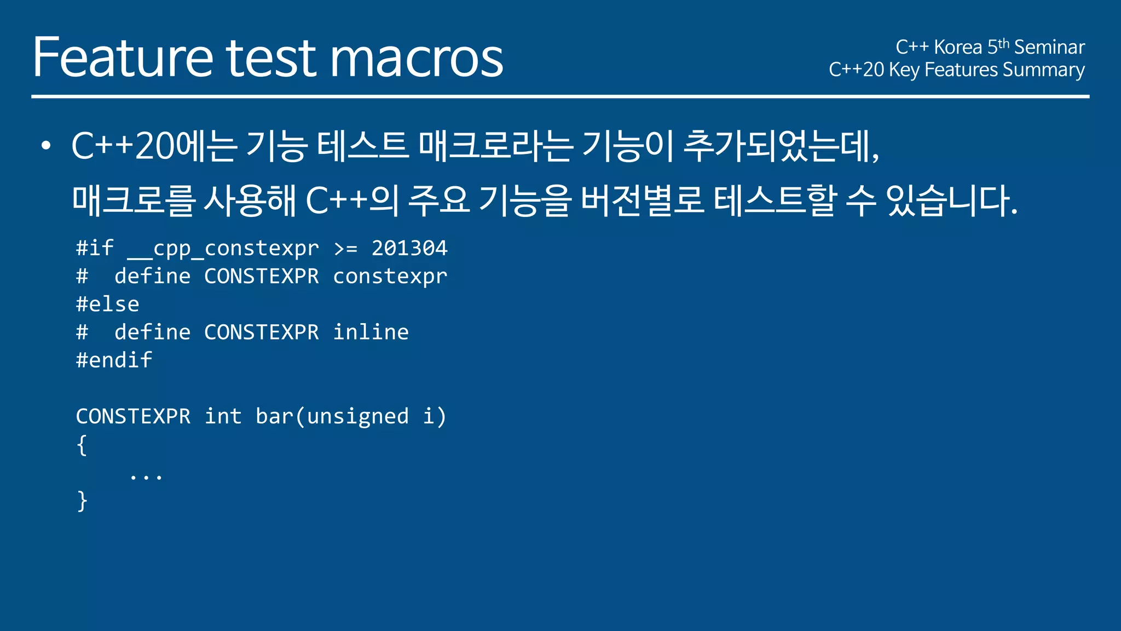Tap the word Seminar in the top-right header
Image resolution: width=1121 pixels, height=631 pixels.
point(1049,47)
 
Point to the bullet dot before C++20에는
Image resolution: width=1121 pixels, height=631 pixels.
point(46,146)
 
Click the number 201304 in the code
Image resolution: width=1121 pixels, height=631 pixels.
point(409,248)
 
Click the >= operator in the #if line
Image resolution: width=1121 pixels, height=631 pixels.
point(345,249)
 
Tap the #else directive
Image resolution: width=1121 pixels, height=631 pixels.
point(107,304)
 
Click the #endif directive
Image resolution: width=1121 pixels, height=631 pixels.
point(114,360)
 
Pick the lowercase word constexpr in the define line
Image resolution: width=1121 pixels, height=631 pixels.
point(390,277)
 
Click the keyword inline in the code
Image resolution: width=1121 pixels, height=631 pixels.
point(371,332)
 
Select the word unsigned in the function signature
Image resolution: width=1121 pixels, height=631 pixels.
point(357,416)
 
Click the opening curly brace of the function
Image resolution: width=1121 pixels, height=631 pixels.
point(82,445)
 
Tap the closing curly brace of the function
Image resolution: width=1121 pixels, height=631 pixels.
point(82,501)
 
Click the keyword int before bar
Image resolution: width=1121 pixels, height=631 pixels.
point(223,416)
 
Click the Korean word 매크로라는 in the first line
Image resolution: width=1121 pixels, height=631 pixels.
point(495,146)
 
